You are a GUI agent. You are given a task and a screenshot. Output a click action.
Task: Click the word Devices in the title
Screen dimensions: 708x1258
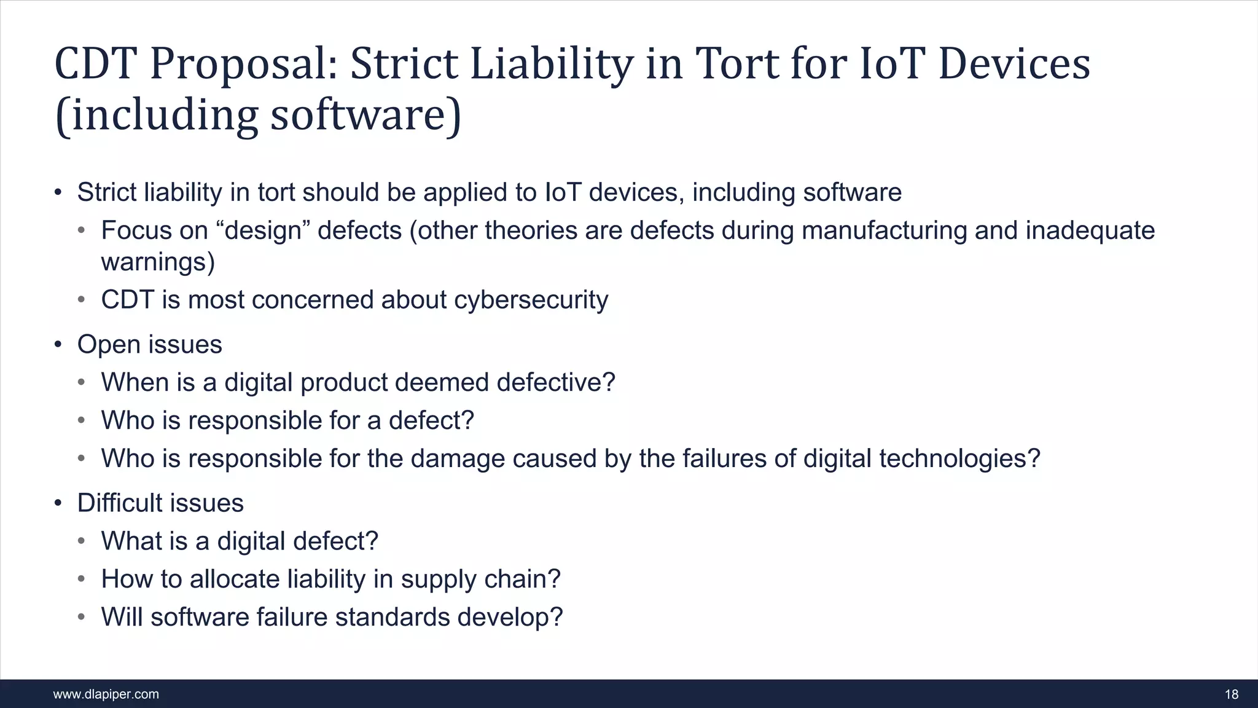coord(1014,64)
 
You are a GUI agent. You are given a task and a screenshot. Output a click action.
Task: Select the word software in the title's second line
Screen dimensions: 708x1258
coord(357,116)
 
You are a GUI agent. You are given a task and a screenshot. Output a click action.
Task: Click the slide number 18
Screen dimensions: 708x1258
coord(1231,694)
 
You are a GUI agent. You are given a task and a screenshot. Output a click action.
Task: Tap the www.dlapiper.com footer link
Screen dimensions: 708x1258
coord(106,694)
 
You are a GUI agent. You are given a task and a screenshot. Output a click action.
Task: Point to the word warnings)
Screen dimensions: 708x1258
coord(158,262)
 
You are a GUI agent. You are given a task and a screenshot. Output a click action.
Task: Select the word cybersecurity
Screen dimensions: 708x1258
coord(531,300)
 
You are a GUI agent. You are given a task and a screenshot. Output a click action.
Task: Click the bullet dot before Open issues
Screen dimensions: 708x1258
coord(58,345)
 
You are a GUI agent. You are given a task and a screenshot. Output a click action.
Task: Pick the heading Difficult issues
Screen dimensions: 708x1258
coord(160,503)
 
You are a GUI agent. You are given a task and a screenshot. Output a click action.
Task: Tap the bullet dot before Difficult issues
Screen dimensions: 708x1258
coord(58,503)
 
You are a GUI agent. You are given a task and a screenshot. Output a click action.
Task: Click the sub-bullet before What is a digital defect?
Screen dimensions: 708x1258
coord(82,541)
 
